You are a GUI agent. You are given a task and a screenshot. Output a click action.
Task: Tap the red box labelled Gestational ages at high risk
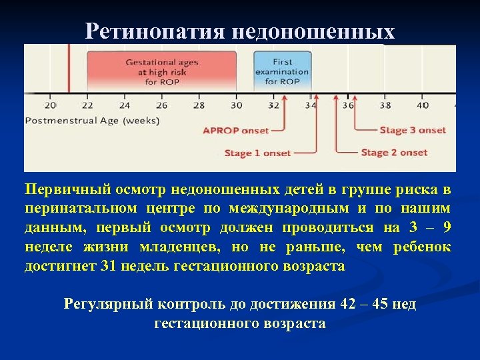point(161,71)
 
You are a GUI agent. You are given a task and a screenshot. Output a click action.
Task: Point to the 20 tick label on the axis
point(51,105)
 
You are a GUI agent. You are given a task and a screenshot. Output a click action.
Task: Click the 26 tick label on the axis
point(161,105)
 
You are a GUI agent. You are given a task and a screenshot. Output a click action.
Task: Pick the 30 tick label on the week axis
point(236,105)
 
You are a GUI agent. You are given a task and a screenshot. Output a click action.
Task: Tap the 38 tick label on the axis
point(385,105)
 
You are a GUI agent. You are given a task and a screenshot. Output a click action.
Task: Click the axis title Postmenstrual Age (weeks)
point(92,121)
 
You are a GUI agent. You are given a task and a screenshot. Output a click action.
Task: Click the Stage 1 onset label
point(257,153)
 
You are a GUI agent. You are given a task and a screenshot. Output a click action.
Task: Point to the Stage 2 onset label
point(394,153)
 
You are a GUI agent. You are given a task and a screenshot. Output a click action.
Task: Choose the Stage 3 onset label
point(413,131)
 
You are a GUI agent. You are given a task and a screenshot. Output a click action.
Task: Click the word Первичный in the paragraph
point(61,189)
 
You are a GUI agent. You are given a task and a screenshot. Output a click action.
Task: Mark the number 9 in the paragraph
point(446,228)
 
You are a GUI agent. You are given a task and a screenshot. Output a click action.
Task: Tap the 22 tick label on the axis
point(87,105)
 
